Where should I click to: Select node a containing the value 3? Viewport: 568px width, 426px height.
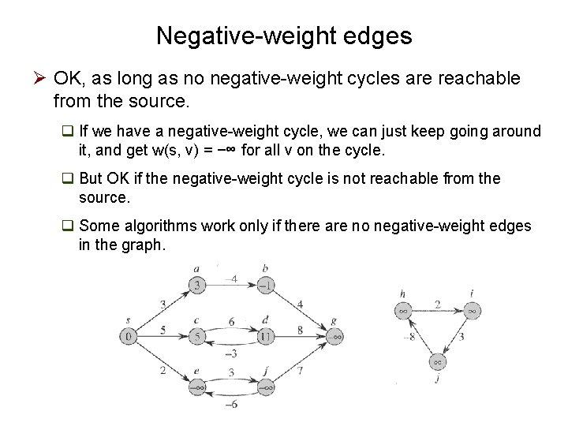tap(197, 285)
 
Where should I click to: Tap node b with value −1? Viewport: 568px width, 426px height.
tap(266, 285)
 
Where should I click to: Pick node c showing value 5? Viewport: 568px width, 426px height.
tap(197, 337)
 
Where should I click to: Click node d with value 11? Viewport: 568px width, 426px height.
tap(266, 337)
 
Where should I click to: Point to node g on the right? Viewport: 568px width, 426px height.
tap(335, 337)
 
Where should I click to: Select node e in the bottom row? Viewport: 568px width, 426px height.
tap(197, 387)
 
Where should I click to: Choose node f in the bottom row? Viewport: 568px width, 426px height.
tap(266, 387)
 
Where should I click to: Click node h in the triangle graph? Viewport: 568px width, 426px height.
tap(403, 311)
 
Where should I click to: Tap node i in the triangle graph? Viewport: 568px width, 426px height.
tap(471, 311)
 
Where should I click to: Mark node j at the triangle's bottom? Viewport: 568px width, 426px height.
tap(437, 362)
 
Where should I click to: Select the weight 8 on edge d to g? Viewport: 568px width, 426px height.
tap(301, 330)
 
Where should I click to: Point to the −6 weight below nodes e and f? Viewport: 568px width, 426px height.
tap(231, 405)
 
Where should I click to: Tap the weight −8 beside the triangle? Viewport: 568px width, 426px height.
tap(409, 338)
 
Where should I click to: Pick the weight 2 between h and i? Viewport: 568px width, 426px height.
tap(437, 304)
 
